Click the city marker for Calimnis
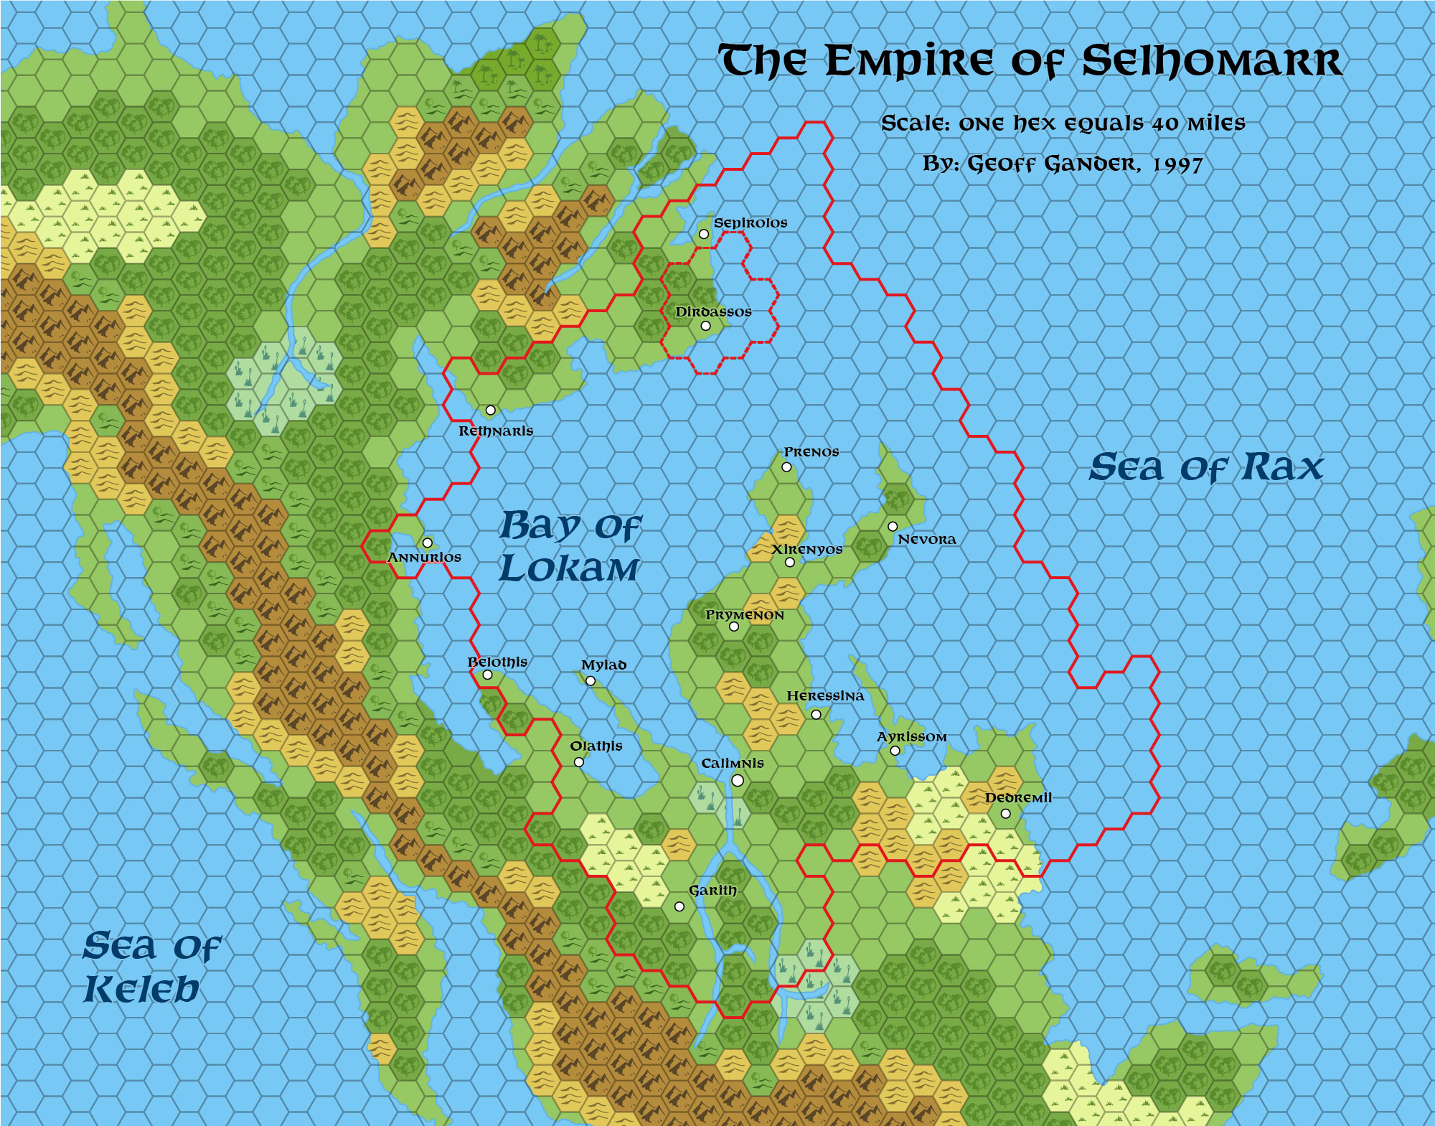pos(737,780)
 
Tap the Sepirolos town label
pos(750,223)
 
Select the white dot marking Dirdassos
pos(705,326)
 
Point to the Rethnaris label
pos(496,431)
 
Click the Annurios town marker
pos(427,543)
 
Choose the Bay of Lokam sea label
pos(570,547)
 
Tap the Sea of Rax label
pos(1205,468)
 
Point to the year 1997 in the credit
pos(1177,164)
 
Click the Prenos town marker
pos(786,467)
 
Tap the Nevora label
pos(926,540)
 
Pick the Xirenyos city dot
pos(790,562)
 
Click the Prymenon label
pos(744,615)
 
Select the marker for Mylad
pos(591,680)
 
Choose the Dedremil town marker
pos(1005,813)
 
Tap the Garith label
pos(712,891)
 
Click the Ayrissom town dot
pos(895,751)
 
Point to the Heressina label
pos(825,696)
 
